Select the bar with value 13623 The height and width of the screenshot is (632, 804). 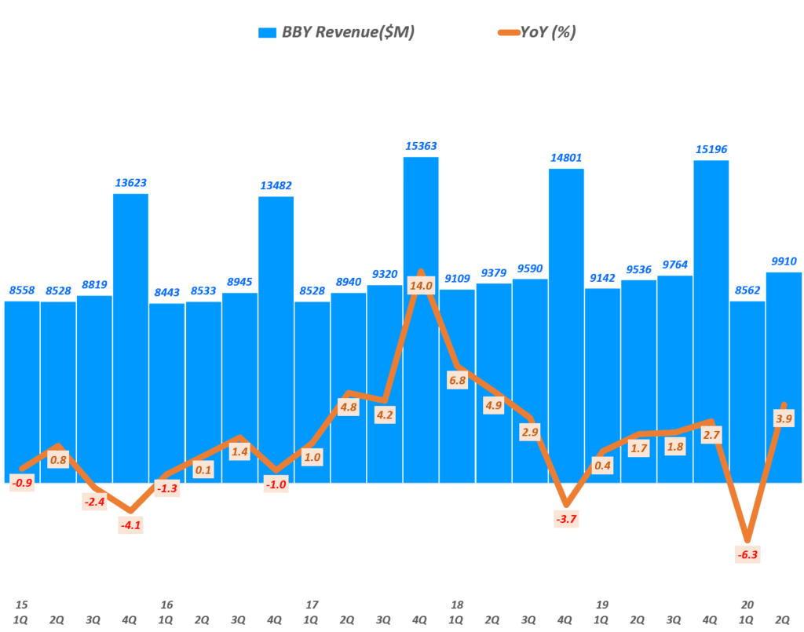coord(130,338)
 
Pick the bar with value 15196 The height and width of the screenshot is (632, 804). coord(711,322)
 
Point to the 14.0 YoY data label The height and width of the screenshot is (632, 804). coord(421,286)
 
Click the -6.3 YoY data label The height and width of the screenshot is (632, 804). coord(747,555)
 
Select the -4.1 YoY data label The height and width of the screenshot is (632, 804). coord(131,525)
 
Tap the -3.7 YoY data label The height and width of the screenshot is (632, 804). coord(566,518)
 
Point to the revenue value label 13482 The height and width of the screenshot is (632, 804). coord(276,185)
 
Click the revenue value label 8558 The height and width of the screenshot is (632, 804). coord(23,290)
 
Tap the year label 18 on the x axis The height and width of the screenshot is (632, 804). coord(458,605)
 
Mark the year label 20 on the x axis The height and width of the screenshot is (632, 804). coord(747,605)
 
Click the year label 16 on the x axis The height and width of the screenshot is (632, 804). coord(166,605)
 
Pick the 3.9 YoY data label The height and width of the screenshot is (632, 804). coord(784,419)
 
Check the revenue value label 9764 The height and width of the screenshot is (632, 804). coord(674,264)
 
